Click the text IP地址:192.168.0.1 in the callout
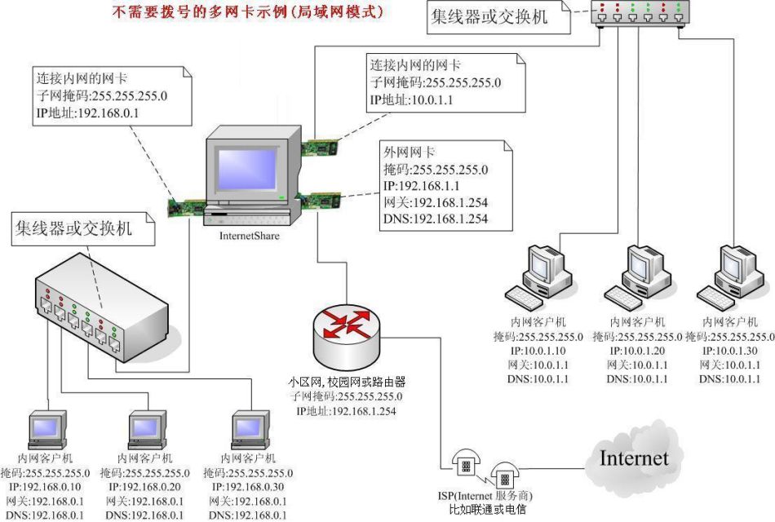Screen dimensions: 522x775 [x=87, y=113]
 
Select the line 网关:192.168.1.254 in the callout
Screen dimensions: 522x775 [x=436, y=202]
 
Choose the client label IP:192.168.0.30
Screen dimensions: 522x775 [x=249, y=486]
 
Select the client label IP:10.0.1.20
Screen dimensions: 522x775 [x=639, y=351]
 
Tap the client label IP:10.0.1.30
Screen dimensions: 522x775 [x=732, y=351]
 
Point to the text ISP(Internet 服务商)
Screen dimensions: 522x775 [x=488, y=496]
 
